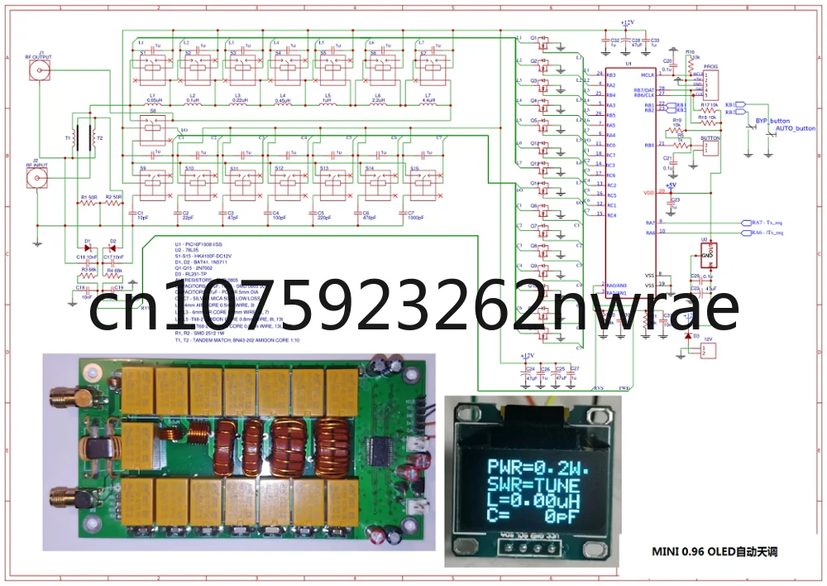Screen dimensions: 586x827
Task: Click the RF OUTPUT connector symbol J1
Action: tap(37, 71)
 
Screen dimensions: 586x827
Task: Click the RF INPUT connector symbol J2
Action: tap(36, 178)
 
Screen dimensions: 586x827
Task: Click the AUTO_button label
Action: tap(795, 129)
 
